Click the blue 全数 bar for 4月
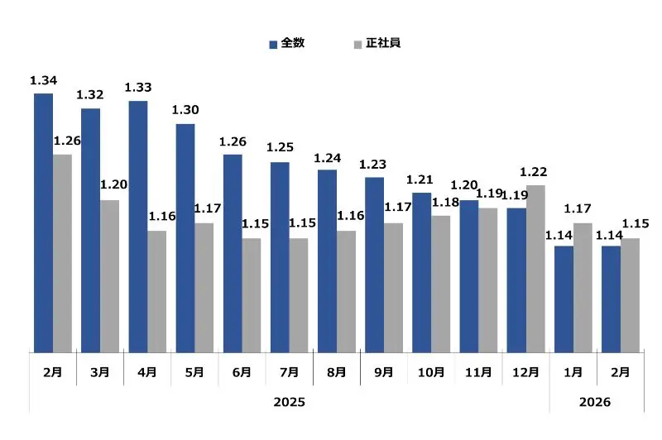click(138, 227)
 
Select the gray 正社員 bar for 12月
click(535, 269)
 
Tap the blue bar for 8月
click(327, 261)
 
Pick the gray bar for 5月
click(204, 288)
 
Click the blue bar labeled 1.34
click(43, 222)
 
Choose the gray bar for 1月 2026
click(583, 288)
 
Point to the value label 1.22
click(534, 172)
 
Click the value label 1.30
click(185, 110)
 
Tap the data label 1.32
click(90, 95)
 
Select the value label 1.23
click(373, 164)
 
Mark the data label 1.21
click(420, 179)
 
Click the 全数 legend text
click(293, 42)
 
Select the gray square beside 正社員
click(357, 43)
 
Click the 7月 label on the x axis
click(290, 372)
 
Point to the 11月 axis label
click(479, 372)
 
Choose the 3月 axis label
click(99, 372)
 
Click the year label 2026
click(595, 402)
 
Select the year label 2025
click(290, 402)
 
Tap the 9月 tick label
click(384, 372)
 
